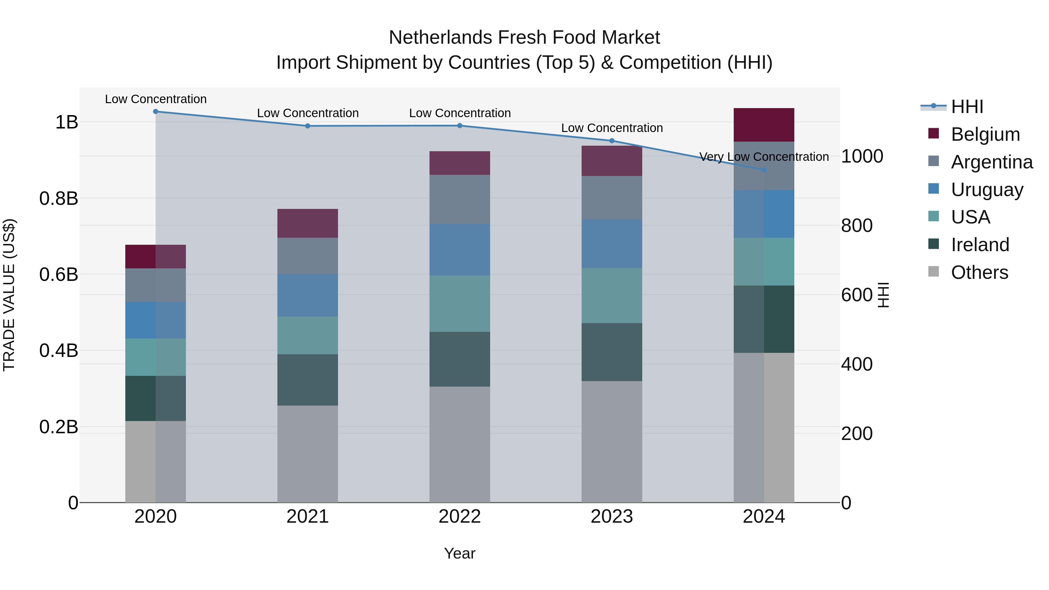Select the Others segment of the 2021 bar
tap(307, 454)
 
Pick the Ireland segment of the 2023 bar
tap(611, 352)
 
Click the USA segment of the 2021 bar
tap(307, 335)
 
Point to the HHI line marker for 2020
tap(156, 111)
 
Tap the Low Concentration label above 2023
tap(612, 128)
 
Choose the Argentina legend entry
tap(992, 162)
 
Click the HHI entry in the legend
tap(967, 107)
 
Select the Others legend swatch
tap(933, 272)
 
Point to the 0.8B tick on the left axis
tap(59, 199)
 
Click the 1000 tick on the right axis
tap(862, 156)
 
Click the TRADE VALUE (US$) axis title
tap(9, 295)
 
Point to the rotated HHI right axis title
tap(883, 295)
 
